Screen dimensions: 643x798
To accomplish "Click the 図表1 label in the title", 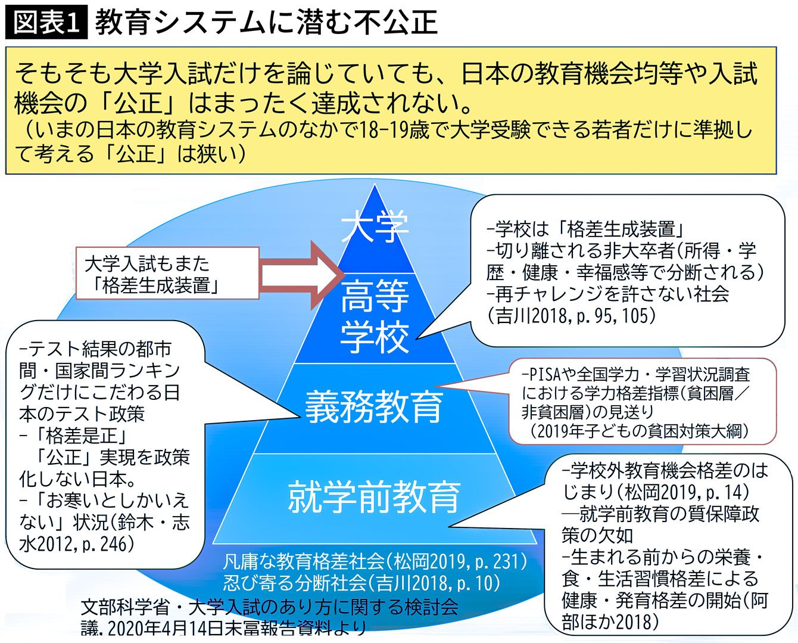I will pos(45,23).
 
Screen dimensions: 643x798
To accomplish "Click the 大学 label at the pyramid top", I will pos(375,226).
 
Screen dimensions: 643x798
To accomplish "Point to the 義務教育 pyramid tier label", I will pos(374,407).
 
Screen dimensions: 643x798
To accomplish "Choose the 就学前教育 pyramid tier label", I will pos(374,496).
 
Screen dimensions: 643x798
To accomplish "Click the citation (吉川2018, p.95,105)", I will pos(572,315).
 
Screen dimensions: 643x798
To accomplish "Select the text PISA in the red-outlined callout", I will pos(540,375).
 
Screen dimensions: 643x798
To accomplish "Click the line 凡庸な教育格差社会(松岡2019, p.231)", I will pos(375,561).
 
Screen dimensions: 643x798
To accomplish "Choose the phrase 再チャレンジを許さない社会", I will pos(607,294).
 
